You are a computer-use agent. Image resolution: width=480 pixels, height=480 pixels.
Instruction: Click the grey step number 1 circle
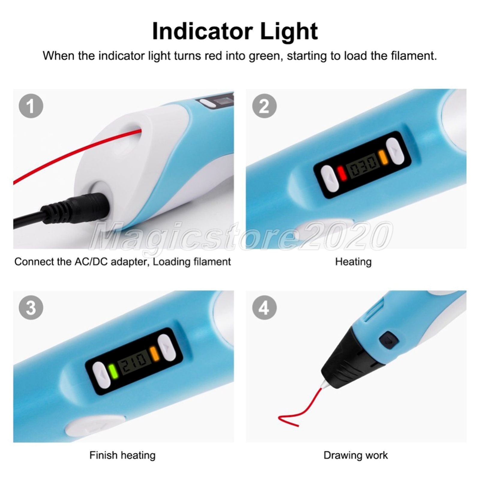point(31,106)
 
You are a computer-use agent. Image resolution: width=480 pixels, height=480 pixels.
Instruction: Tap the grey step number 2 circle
point(264,106)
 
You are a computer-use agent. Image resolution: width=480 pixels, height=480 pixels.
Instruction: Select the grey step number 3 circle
point(31,308)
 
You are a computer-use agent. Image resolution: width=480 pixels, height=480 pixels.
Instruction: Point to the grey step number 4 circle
point(264,308)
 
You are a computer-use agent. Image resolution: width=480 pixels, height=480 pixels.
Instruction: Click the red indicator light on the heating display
point(341,172)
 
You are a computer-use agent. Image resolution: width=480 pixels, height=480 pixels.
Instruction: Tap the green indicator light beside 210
point(113,372)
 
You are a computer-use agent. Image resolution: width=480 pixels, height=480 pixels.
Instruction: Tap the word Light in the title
point(289,31)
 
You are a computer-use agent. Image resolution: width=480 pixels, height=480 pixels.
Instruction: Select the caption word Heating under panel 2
point(353,262)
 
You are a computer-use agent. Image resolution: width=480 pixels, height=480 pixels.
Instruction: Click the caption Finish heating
point(123,455)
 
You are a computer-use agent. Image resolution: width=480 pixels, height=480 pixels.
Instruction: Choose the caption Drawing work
point(356,455)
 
